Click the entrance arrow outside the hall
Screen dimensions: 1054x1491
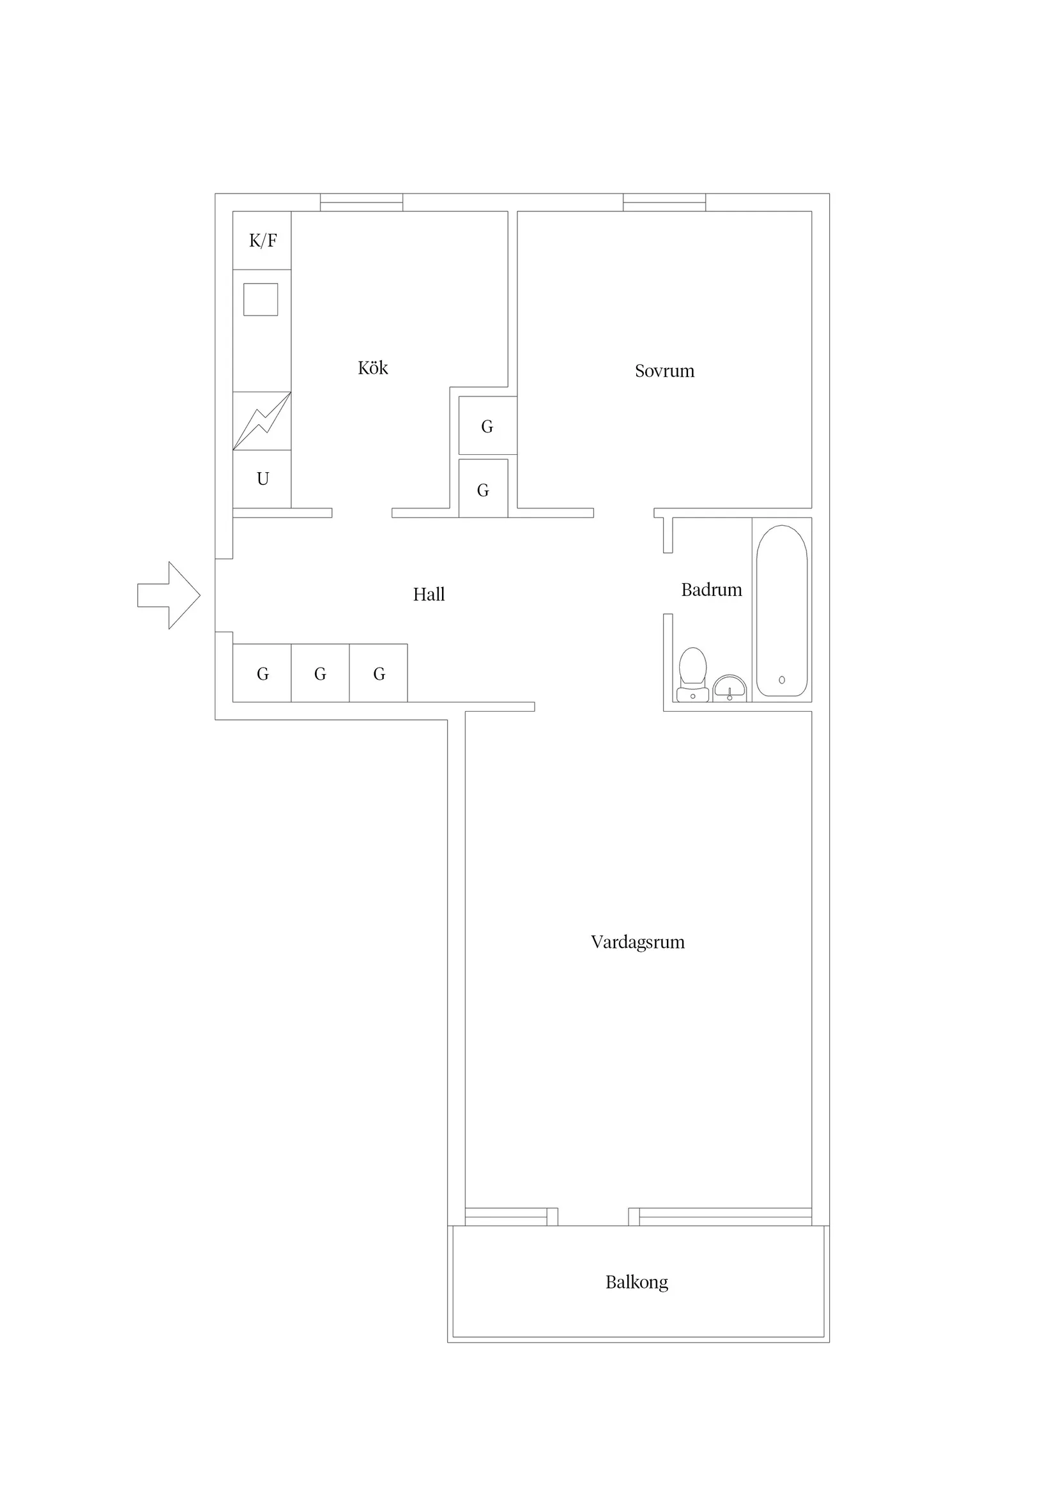tap(169, 595)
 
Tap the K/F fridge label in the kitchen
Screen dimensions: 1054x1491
tap(263, 241)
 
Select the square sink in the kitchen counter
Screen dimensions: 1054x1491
tap(261, 300)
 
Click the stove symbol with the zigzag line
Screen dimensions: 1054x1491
tap(262, 421)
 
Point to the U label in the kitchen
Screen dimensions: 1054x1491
tap(263, 479)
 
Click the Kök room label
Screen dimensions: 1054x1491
tap(373, 368)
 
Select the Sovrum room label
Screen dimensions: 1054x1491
tap(664, 371)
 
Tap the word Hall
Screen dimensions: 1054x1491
tap(429, 594)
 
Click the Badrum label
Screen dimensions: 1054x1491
tap(711, 590)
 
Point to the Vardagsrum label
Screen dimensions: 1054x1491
tap(638, 942)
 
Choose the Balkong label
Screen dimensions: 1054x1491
tap(636, 1283)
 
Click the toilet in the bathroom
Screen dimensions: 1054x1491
tap(692, 675)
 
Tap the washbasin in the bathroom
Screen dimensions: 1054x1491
tap(729, 689)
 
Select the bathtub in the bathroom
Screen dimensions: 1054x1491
tap(782, 611)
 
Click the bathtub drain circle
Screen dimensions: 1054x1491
tap(782, 680)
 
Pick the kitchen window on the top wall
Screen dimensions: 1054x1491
tap(361, 202)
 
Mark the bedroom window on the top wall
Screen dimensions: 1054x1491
tap(664, 202)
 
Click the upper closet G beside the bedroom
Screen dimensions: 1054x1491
tap(487, 425)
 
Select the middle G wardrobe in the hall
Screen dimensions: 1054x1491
tap(320, 673)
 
